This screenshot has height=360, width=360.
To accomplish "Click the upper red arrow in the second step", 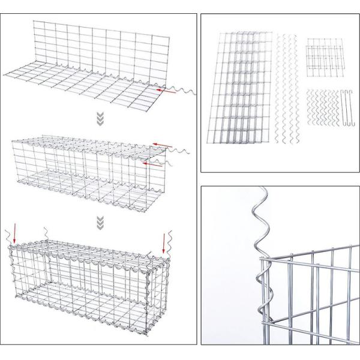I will (x=159, y=145).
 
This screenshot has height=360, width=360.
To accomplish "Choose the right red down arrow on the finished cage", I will (x=163, y=242).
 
